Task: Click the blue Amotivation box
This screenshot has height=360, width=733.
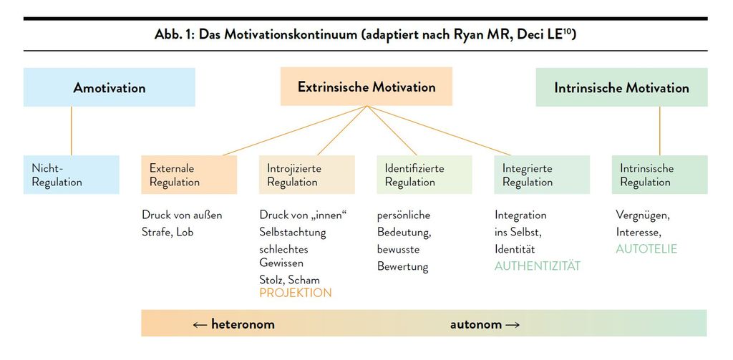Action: (x=110, y=87)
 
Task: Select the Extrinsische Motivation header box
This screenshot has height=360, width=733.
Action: (x=366, y=87)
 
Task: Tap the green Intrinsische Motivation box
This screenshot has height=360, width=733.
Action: (x=622, y=87)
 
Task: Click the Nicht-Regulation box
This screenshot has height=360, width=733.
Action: (x=72, y=175)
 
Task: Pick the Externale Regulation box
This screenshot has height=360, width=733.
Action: (x=189, y=175)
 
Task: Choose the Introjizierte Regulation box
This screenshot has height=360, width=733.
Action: (x=307, y=175)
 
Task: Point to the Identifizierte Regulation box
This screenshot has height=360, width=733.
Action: (x=424, y=175)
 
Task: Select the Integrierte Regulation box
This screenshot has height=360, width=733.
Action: (x=543, y=175)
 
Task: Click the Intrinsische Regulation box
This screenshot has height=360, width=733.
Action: (x=660, y=175)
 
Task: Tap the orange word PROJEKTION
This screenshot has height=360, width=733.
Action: (x=296, y=293)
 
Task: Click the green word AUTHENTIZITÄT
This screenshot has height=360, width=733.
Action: (x=538, y=266)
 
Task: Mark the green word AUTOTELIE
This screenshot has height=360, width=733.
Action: (x=646, y=249)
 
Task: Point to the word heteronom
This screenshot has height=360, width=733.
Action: (x=243, y=324)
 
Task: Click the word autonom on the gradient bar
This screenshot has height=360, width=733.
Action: (x=476, y=324)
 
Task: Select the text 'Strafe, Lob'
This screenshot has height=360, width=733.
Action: (x=168, y=233)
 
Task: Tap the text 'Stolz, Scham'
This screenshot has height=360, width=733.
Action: (x=290, y=280)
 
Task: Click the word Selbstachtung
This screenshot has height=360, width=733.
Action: (x=293, y=233)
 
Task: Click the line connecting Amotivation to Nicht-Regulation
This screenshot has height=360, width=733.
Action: (x=72, y=131)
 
